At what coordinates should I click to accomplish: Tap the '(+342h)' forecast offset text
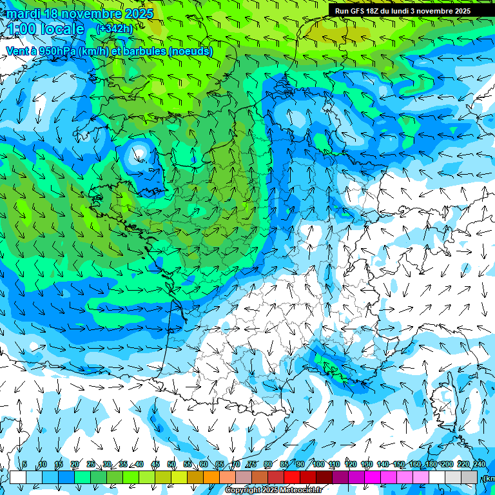pyautogui.click(x=114, y=28)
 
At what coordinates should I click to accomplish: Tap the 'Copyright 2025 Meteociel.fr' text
pyautogui.click(x=273, y=490)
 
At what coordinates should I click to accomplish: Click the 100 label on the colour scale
pyautogui.click(x=318, y=465)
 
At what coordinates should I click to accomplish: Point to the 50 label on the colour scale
pyautogui.click(x=171, y=465)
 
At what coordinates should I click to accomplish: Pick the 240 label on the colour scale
pyautogui.click(x=479, y=465)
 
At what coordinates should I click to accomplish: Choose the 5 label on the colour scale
pyautogui.click(x=24, y=465)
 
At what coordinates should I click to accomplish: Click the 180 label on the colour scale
pyautogui.click(x=431, y=465)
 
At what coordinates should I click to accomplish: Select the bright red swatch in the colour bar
pyautogui.click(x=292, y=477)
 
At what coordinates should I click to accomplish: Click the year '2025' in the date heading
pyautogui.click(x=138, y=14)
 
